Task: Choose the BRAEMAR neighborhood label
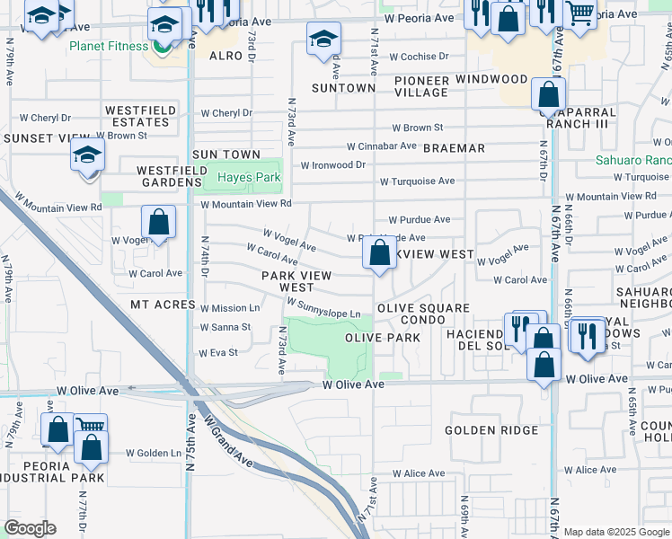[x=454, y=147]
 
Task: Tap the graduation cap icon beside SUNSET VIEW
[x=87, y=156]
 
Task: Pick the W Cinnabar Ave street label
[x=382, y=146]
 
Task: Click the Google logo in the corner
[x=30, y=528]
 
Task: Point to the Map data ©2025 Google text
[x=616, y=532]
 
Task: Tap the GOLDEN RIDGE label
[x=491, y=430]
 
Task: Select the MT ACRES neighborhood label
[x=163, y=305]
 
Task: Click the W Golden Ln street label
[x=153, y=454]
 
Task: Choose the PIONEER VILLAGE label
[x=421, y=86]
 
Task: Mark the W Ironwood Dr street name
[x=332, y=165]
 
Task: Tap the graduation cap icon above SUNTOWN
[x=323, y=39]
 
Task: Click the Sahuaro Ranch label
[x=633, y=161]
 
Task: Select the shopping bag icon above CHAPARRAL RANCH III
[x=547, y=93]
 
